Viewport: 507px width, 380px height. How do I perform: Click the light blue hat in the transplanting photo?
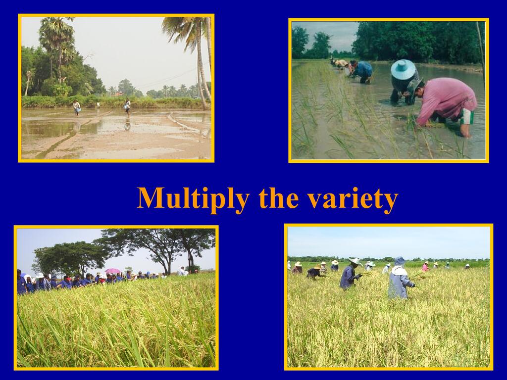click(403, 69)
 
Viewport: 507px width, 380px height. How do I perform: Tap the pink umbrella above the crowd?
click(112, 271)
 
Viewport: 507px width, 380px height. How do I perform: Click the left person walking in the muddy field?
click(77, 107)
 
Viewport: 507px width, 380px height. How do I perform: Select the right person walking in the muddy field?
click(127, 107)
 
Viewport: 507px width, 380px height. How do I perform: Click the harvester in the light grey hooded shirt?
click(400, 278)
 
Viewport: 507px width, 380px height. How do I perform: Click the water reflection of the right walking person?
click(127, 125)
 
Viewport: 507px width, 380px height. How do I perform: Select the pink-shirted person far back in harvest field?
click(425, 267)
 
